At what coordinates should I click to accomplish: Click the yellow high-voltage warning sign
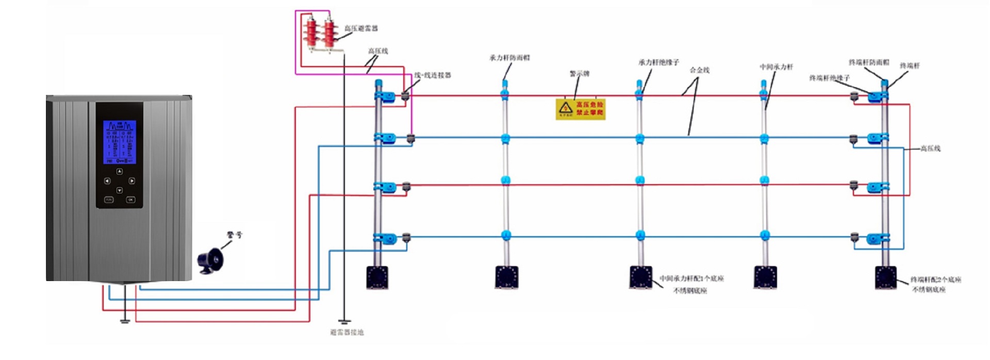point(580,109)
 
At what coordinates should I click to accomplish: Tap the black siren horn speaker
point(209,260)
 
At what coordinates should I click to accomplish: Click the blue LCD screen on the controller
point(119,142)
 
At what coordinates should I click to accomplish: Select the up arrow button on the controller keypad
point(119,171)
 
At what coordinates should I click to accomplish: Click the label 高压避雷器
point(361,28)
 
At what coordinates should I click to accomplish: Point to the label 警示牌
point(579,74)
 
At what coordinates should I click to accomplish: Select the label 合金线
point(699,70)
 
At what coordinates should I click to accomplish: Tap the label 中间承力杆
point(776,67)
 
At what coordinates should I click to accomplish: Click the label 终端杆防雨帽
point(869,62)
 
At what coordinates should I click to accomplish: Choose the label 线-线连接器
point(433,75)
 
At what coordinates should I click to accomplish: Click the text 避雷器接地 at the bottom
point(346,333)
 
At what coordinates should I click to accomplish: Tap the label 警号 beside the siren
point(234,235)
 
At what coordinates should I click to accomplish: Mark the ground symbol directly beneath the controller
point(124,321)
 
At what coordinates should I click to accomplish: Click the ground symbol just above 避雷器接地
point(344,322)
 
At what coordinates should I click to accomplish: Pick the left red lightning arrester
point(311,34)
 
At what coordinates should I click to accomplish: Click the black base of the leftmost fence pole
point(377,277)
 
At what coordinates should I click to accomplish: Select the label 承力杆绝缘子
point(658,62)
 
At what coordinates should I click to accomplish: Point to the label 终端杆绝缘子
point(829,78)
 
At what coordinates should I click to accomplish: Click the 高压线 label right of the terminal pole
point(930,149)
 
